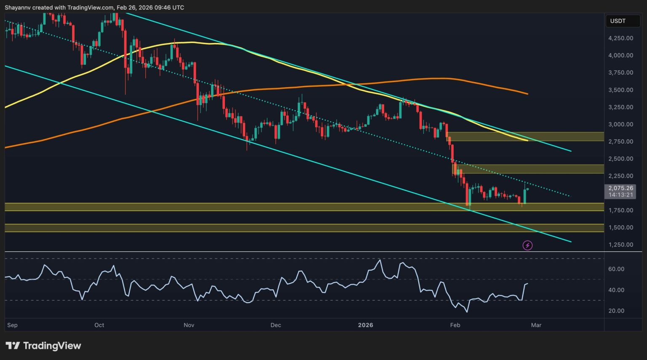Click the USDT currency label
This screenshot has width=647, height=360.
[618, 21]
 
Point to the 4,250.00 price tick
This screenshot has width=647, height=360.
[620, 38]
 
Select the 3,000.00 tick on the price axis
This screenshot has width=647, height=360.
[620, 124]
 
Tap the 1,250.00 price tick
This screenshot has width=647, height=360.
[620, 245]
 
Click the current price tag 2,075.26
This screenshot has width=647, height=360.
[620, 188]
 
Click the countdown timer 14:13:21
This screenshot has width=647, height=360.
[620, 195]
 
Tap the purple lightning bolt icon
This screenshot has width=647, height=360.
[527, 245]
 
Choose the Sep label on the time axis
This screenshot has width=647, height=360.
[12, 325]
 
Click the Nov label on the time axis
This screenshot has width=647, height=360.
[189, 325]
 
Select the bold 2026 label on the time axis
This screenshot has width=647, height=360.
[365, 325]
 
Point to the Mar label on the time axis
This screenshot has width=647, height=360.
[536, 325]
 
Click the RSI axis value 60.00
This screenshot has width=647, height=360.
[616, 269]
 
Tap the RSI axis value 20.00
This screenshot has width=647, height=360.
[616, 311]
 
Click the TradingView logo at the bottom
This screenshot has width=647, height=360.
[43, 346]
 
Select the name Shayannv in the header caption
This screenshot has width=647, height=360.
[18, 8]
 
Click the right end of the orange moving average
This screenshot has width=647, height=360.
[527, 93]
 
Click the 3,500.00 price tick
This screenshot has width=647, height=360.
[620, 90]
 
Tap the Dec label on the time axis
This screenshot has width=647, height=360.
[275, 325]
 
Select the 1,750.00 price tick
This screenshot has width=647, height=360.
[620, 210]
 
